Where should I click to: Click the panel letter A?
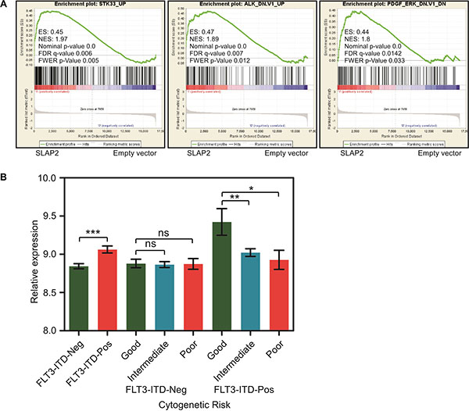5,5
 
